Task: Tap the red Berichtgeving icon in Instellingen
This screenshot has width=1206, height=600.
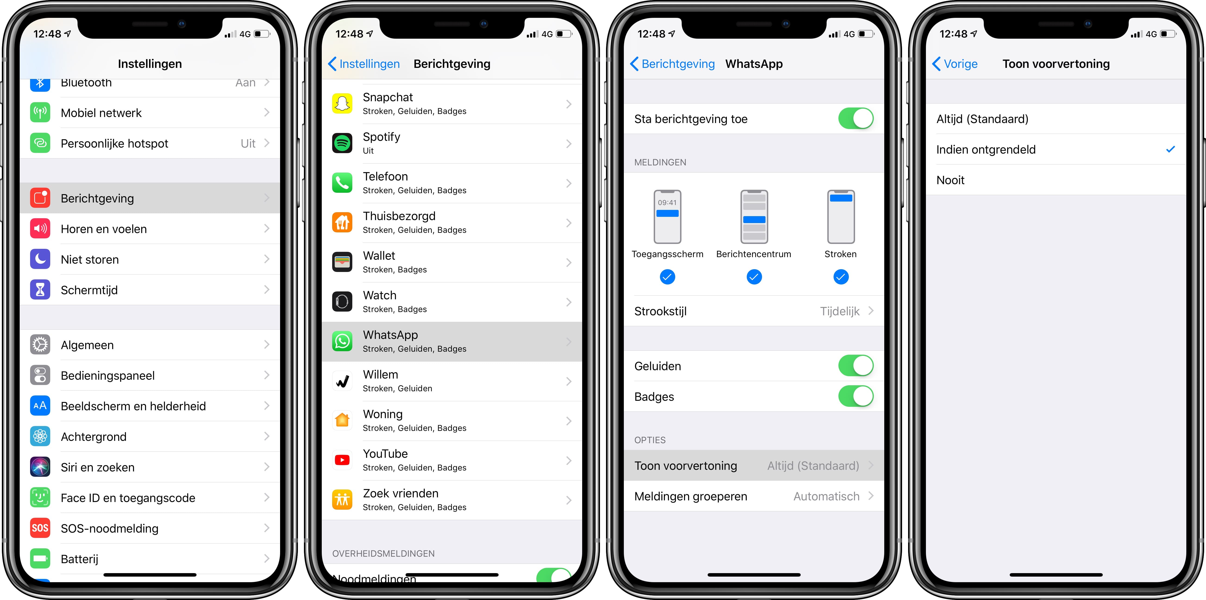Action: click(x=40, y=198)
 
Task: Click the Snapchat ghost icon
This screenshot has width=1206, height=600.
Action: click(x=342, y=104)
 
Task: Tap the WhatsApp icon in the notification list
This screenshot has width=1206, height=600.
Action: click(x=342, y=341)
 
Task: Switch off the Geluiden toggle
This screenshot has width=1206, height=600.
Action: click(x=856, y=366)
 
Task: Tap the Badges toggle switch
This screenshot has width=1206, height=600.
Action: click(x=856, y=396)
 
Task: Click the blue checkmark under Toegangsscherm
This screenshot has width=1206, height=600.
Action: click(x=667, y=277)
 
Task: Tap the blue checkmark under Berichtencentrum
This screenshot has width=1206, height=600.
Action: click(x=754, y=277)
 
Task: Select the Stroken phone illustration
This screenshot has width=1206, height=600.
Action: click(x=841, y=216)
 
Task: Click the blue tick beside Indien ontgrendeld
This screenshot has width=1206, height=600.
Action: click(x=1170, y=149)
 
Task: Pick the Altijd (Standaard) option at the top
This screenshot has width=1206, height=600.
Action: click(x=982, y=119)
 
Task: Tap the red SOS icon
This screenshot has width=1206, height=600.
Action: click(x=40, y=528)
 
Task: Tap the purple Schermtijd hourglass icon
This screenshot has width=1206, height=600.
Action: click(x=40, y=290)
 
